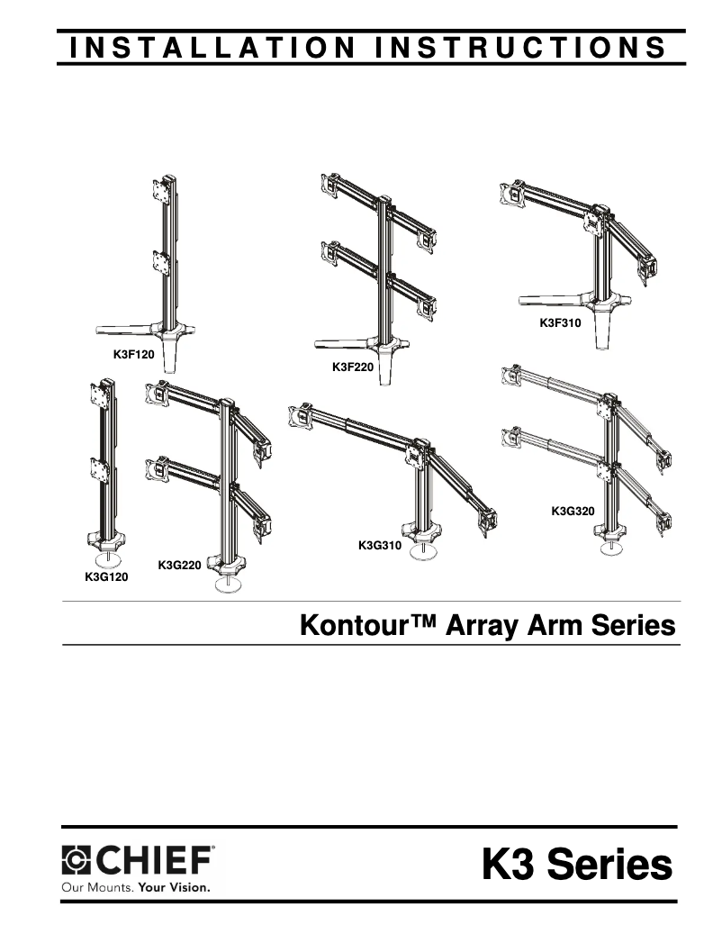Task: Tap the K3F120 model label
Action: pos(134,355)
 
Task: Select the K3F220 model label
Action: pos(353,367)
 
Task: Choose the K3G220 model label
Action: pos(179,565)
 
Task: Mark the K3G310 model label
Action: pos(379,545)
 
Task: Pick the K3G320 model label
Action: pos(573,512)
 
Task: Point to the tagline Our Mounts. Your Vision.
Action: pos(135,886)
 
